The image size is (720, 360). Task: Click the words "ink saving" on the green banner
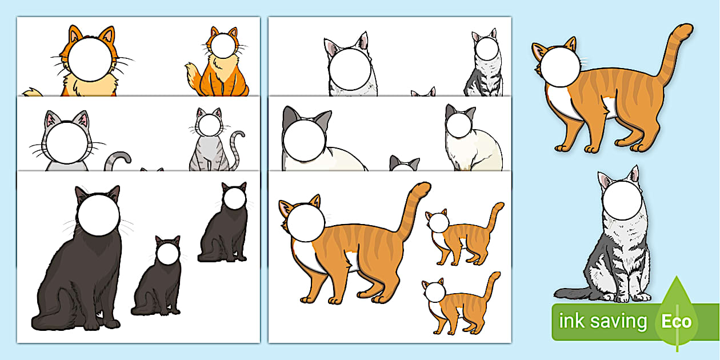pos(602,322)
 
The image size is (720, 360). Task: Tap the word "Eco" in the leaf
pos(677,322)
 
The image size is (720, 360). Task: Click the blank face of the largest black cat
pos(98,215)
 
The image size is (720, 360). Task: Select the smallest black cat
pos(156,280)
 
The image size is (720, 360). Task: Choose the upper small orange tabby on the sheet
pos(463,237)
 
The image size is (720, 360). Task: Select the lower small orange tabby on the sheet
pos(460,306)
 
